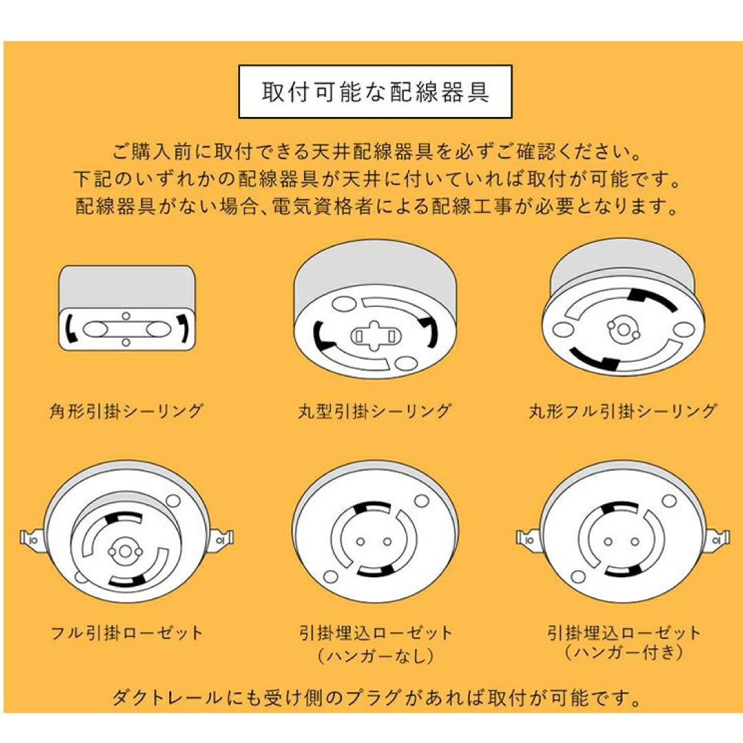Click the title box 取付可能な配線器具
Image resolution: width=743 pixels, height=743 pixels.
(x=375, y=91)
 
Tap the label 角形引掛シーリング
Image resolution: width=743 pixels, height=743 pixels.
(x=126, y=411)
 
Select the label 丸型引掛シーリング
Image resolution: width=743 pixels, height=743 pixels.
(x=374, y=411)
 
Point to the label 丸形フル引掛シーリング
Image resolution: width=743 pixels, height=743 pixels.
(x=623, y=411)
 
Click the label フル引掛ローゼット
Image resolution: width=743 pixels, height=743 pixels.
(x=127, y=633)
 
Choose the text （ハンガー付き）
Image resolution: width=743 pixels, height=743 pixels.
(x=623, y=652)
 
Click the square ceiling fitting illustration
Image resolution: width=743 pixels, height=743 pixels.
(x=127, y=308)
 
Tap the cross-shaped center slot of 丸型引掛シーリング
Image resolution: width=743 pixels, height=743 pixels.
(x=374, y=336)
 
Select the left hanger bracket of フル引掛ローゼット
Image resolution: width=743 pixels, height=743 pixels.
(x=32, y=539)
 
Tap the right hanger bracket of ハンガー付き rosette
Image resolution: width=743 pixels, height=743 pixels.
(x=718, y=540)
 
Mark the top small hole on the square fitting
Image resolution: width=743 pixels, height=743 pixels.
(x=126, y=316)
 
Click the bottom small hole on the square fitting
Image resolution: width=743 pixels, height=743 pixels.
(x=126, y=342)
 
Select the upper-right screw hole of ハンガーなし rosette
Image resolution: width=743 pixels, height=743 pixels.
(x=421, y=501)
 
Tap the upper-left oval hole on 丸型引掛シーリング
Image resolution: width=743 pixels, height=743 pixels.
(x=344, y=304)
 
